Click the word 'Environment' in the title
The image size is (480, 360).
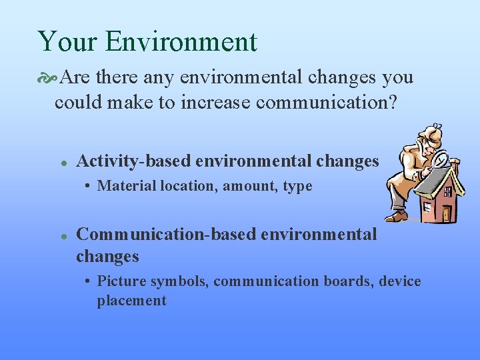tap(180, 41)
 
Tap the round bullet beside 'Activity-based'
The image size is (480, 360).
tap(62, 162)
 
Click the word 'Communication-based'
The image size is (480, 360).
tap(167, 235)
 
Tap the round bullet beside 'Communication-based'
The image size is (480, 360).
tap(62, 235)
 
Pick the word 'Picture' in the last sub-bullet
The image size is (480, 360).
tap(121, 281)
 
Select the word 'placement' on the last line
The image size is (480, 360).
tap(131, 301)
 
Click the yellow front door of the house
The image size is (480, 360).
tap(447, 213)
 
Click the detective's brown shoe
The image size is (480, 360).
tap(396, 215)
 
